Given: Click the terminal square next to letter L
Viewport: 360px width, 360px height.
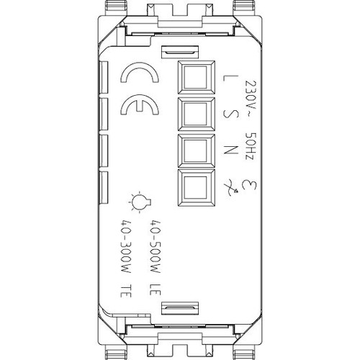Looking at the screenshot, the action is pyautogui.click(x=197, y=78).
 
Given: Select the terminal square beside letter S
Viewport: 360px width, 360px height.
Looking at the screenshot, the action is pyautogui.click(x=197, y=114).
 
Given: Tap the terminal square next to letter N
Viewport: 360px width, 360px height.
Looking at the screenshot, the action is pyautogui.click(x=197, y=150).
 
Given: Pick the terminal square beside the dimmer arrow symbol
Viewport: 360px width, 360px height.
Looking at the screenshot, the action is pyautogui.click(x=197, y=187).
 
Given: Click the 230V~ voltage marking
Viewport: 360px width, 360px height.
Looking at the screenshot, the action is pyautogui.click(x=251, y=98).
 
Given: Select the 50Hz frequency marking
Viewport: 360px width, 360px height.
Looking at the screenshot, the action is pyautogui.click(x=251, y=146).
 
